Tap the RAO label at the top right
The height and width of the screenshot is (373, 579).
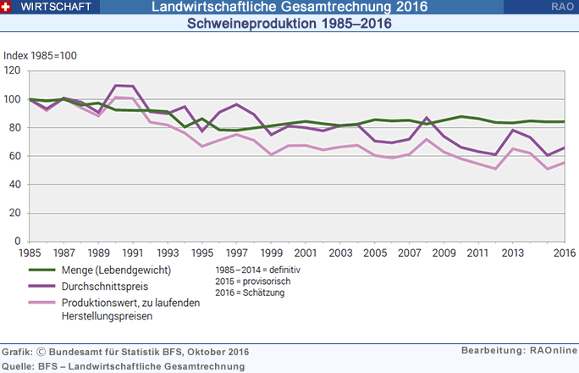point(559,7)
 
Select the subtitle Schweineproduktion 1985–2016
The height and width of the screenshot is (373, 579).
point(289,24)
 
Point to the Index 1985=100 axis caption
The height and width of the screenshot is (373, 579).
point(41,56)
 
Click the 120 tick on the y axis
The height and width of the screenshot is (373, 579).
point(12,71)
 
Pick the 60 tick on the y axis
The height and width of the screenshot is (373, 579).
point(14,156)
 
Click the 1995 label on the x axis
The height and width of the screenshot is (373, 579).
point(202,253)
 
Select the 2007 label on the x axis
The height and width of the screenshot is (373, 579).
point(410,253)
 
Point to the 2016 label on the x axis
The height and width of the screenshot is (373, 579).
point(564,253)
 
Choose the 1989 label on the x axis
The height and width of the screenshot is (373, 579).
point(98,253)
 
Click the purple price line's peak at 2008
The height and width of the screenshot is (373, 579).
point(427,118)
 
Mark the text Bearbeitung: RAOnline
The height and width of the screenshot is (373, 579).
point(519,350)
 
